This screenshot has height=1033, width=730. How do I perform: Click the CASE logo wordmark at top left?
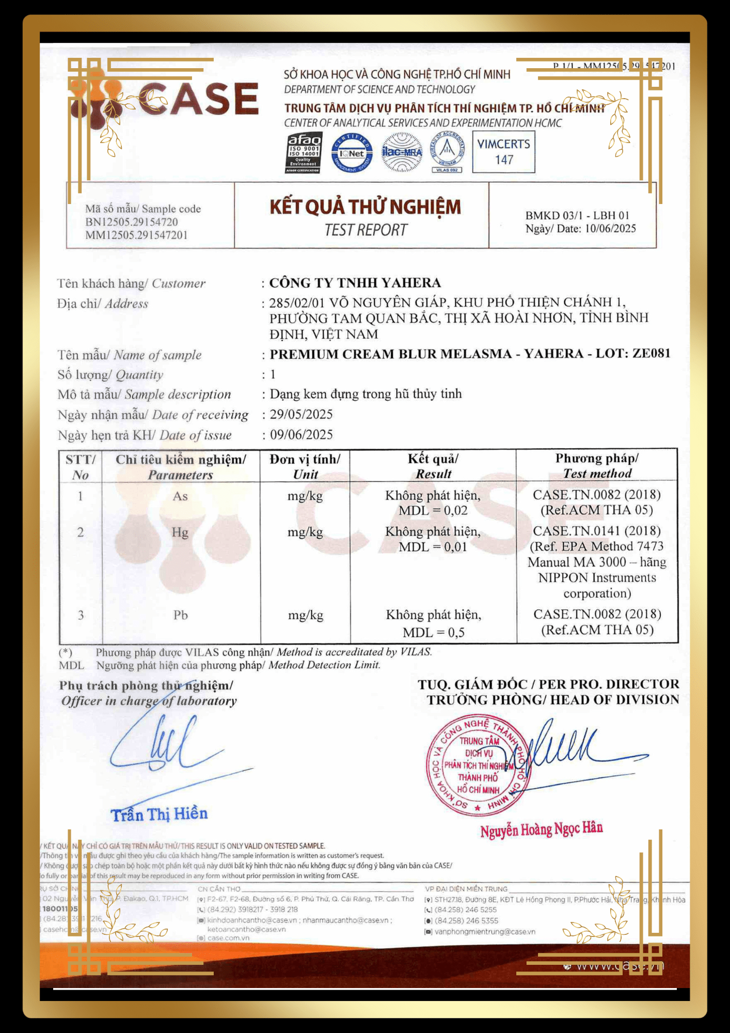pyautogui.click(x=199, y=99)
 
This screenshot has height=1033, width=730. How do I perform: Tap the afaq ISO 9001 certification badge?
pyautogui.click(x=304, y=153)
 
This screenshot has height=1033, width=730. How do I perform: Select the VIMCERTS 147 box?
pyautogui.click(x=503, y=152)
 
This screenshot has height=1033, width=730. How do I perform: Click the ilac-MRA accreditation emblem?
pyautogui.click(x=402, y=152)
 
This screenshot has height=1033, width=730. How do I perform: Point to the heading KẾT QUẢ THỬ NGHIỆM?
pyautogui.click(x=365, y=207)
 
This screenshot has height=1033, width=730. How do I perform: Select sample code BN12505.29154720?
pyautogui.click(x=132, y=222)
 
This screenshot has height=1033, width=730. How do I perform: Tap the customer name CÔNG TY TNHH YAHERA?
pyautogui.click(x=355, y=283)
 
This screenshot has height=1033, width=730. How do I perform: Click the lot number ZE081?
pyautogui.click(x=652, y=353)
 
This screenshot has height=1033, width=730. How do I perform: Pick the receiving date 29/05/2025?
pyautogui.click(x=301, y=415)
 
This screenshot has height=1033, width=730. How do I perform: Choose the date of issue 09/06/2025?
pyautogui.click(x=301, y=435)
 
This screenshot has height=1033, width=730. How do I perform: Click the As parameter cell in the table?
pyautogui.click(x=180, y=496)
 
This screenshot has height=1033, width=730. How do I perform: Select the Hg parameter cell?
pyautogui.click(x=180, y=533)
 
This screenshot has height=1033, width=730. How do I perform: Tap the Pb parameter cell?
pyautogui.click(x=180, y=615)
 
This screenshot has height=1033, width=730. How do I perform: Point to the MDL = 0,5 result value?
pyautogui.click(x=434, y=633)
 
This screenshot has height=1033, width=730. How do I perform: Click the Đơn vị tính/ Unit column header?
pyautogui.click(x=305, y=467)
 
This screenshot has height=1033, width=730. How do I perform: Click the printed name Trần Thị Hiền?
pyautogui.click(x=160, y=815)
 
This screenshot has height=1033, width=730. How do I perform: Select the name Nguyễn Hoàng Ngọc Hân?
pyautogui.click(x=542, y=829)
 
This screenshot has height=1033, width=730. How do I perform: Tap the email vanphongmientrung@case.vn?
pyautogui.click(x=485, y=932)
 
